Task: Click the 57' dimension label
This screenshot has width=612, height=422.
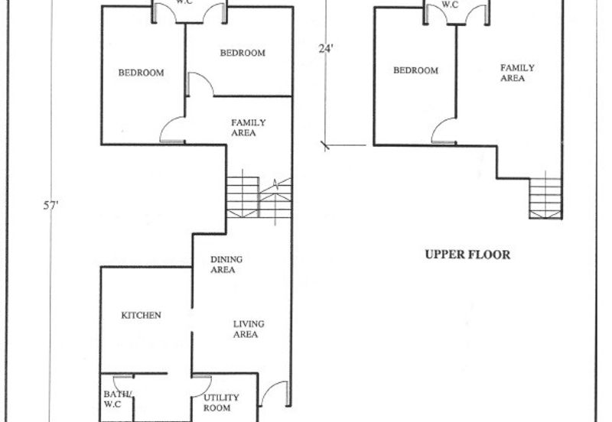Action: [x=50, y=205]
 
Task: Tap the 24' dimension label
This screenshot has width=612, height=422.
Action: [x=326, y=49]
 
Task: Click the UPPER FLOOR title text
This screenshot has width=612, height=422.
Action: [x=467, y=255]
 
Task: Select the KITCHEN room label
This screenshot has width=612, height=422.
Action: [x=141, y=315]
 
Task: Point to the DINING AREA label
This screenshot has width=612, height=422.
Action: [x=226, y=265]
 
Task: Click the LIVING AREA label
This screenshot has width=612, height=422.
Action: [x=249, y=329]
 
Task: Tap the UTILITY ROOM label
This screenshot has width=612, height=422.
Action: [x=221, y=403]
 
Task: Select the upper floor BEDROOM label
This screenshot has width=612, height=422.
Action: [x=415, y=70]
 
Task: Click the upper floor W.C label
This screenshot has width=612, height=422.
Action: [x=450, y=5]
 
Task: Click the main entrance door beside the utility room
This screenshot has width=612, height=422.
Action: [x=275, y=393]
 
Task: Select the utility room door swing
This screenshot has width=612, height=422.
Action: [x=202, y=386]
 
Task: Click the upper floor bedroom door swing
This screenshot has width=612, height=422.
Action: [x=444, y=130]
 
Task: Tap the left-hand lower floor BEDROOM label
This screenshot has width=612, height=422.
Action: [x=141, y=73]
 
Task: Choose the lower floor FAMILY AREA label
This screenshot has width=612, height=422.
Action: [x=248, y=128]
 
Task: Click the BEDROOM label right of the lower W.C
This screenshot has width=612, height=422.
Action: [x=243, y=53]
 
